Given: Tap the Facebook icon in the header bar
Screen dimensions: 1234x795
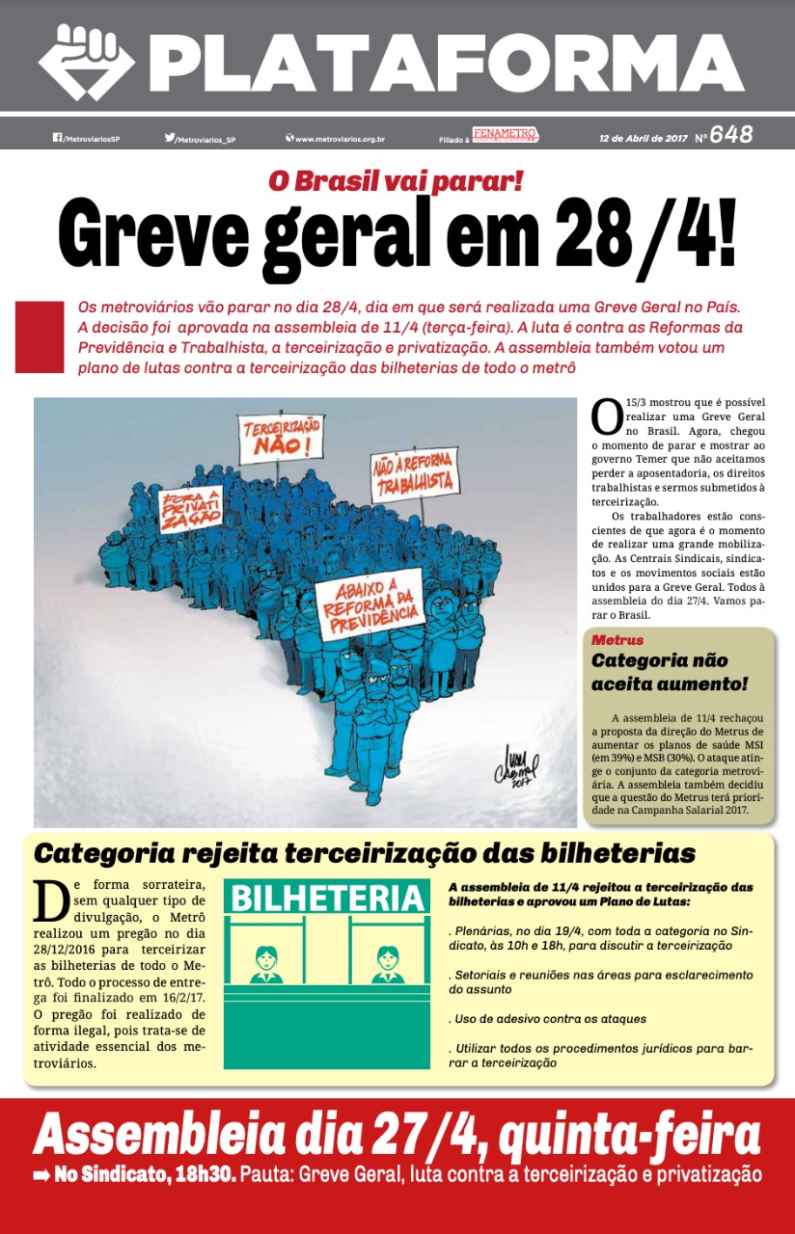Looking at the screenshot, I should (57, 138).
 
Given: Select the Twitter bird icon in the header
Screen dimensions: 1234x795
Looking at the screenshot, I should (170, 138).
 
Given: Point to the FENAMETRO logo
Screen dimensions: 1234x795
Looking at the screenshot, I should (505, 134).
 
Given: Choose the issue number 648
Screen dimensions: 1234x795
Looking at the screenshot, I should (730, 135).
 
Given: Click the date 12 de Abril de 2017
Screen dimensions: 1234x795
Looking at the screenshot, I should (643, 138).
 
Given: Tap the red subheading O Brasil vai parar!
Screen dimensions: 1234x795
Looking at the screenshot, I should (396, 181).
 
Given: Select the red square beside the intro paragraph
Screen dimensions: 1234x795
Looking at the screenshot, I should (39, 336).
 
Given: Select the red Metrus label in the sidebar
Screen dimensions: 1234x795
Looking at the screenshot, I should (617, 640).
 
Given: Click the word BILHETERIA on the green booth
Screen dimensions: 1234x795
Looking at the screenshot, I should (327, 899).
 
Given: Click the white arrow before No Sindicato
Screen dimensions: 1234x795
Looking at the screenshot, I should (41, 1175).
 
